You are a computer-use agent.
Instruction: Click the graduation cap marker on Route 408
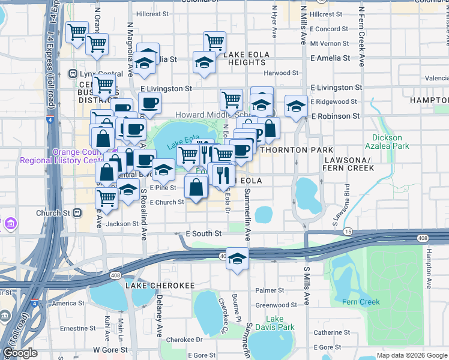tap(238, 259)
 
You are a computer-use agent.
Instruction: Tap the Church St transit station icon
tap(77, 213)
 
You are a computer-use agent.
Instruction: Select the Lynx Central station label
tap(96, 74)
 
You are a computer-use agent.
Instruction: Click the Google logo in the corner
tap(20, 352)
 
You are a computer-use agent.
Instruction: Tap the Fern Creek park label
tap(361, 302)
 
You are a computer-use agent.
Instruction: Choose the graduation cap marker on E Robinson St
tap(296, 106)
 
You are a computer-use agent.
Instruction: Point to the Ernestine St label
tap(74, 328)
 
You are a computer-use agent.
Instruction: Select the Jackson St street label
tap(122, 224)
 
